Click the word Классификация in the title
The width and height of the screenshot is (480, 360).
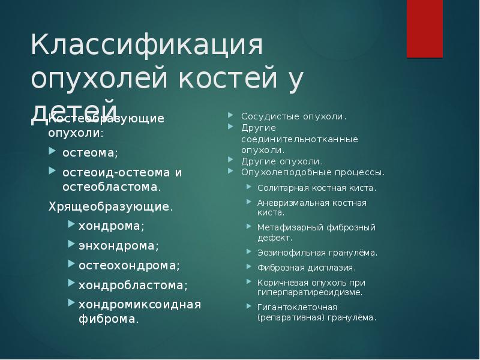[x=148, y=46]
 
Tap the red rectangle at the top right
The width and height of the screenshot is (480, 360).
[x=425, y=28]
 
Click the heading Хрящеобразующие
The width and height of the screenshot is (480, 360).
[x=110, y=207]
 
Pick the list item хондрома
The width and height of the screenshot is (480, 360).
[x=111, y=226]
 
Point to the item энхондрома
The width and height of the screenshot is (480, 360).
[x=118, y=245]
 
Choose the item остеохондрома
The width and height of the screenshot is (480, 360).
[x=128, y=265]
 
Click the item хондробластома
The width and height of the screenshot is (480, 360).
[x=133, y=284]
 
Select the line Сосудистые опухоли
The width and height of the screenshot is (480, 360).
[x=294, y=116]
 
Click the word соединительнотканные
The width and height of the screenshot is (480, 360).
[x=292, y=139]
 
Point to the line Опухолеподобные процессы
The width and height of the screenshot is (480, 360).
[x=313, y=172]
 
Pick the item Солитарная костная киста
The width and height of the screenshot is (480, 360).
[x=317, y=188]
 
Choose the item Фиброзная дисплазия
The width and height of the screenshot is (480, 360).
[x=307, y=268]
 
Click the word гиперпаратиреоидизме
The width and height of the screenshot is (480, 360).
[x=310, y=293]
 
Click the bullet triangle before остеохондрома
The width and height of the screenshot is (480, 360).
[x=71, y=264]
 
